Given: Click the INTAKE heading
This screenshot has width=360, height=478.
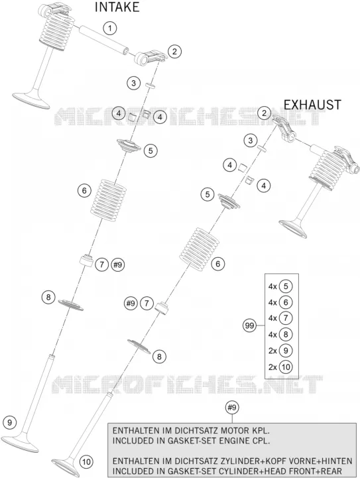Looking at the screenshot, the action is tap(117, 7).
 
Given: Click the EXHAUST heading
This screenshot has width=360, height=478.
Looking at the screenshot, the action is tap(312, 105).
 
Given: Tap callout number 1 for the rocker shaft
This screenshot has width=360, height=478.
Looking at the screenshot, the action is tap(110, 29).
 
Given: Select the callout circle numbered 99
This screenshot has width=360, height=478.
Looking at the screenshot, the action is tap(250, 326).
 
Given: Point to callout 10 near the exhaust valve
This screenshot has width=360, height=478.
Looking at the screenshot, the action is tap(87, 462).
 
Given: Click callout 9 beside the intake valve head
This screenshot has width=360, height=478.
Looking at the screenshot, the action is tap(10, 422).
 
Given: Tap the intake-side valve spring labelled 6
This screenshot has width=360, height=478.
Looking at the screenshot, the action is tap(109, 198).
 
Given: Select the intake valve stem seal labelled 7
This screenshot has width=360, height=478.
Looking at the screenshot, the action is tap(86, 261).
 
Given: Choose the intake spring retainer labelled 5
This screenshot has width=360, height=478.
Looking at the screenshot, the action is tap(129, 146).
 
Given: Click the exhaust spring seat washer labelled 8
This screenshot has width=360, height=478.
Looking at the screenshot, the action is tap(139, 346).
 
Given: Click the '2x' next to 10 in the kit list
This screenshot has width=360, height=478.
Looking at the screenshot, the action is tap(272, 367).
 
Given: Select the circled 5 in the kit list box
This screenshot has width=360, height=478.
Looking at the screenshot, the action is tap(286, 286).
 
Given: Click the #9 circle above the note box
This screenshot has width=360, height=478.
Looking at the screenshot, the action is tap(232, 408).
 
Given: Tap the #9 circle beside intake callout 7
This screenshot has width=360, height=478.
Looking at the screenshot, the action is tap(118, 265).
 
